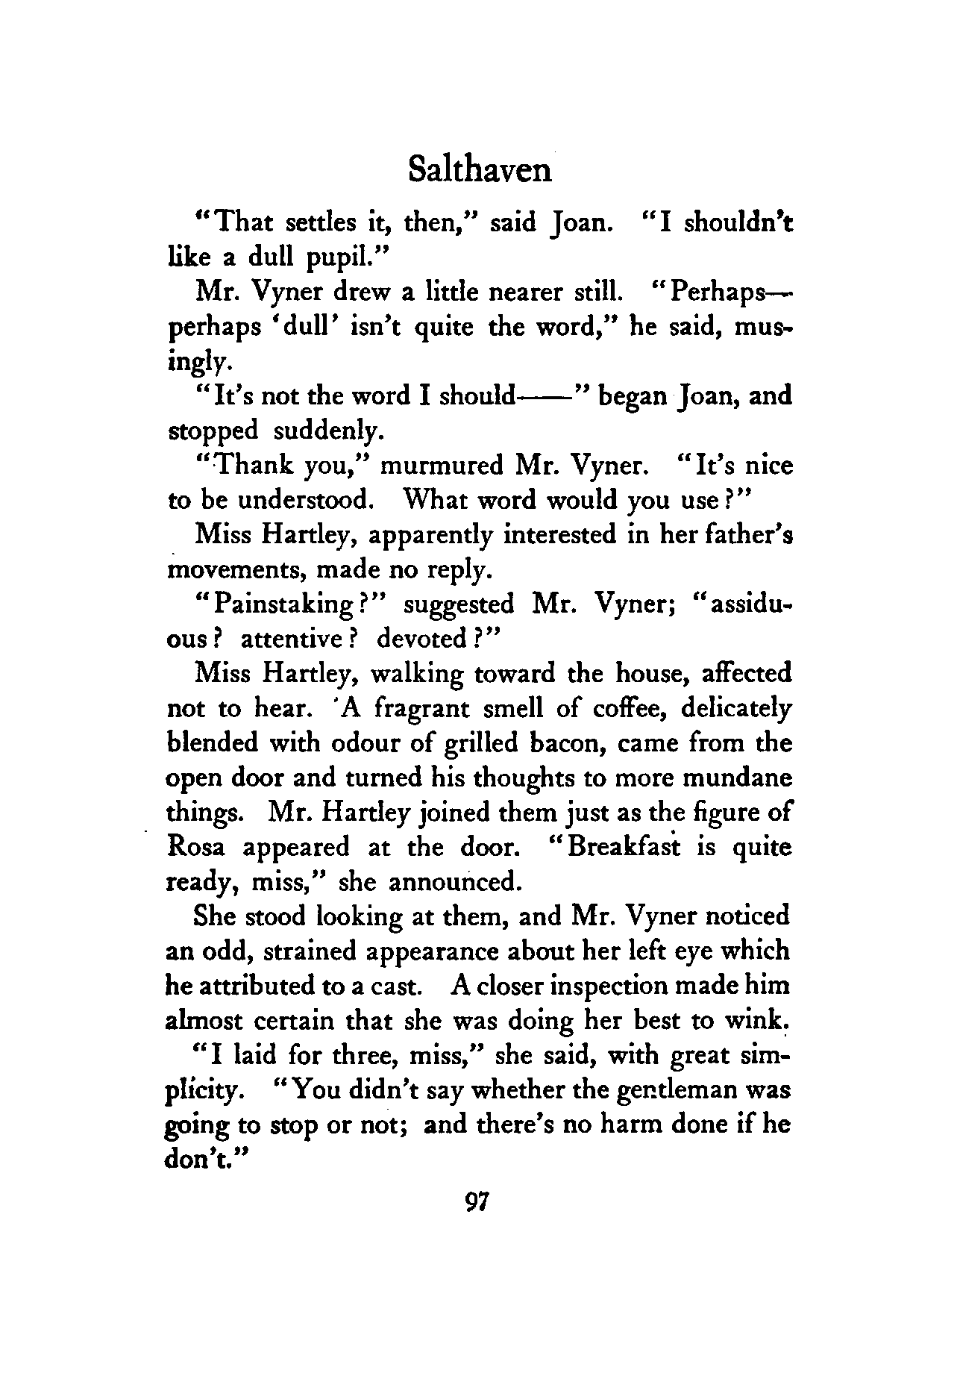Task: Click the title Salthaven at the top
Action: pos(480,170)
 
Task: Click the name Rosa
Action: pos(197,848)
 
